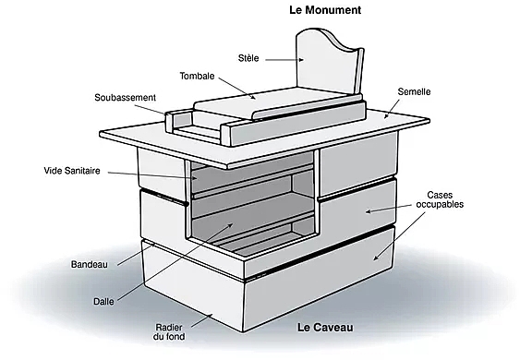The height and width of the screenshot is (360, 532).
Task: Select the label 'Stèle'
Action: pyautogui.click(x=248, y=57)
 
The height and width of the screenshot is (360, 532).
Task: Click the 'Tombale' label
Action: pyautogui.click(x=198, y=77)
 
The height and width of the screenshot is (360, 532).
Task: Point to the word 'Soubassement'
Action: pyautogui.click(x=126, y=97)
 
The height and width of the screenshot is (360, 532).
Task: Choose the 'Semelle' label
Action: pyautogui.click(x=414, y=92)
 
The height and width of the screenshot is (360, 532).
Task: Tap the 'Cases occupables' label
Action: pyautogui.click(x=445, y=199)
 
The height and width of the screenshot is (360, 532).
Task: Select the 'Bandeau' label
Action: pyautogui.click(x=90, y=265)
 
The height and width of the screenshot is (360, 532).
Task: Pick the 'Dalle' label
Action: pyautogui.click(x=103, y=300)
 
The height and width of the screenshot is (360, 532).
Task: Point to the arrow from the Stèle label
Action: pyautogui.click(x=282, y=58)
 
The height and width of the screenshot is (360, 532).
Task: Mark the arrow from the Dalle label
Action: pyautogui.click(x=166, y=266)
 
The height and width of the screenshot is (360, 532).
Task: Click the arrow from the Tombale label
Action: pyautogui.click(x=236, y=88)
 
